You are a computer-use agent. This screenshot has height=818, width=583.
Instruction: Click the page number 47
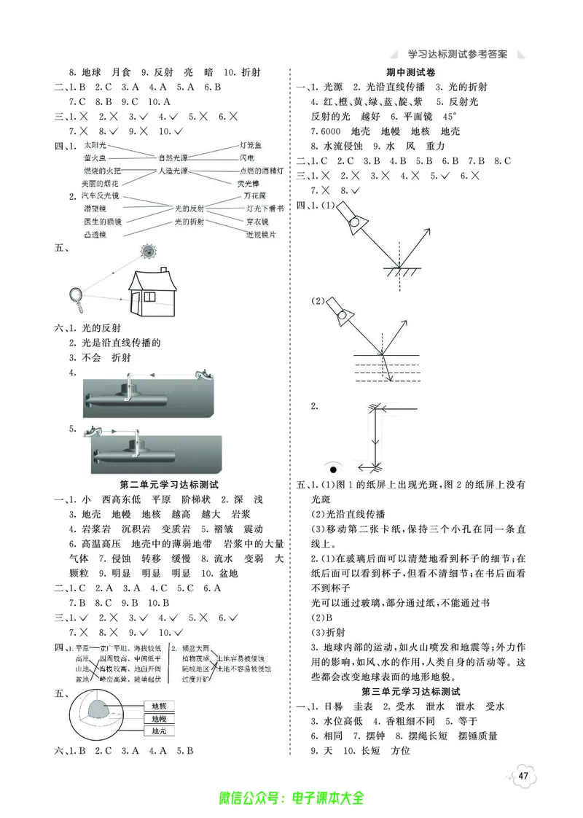click(x=523, y=774)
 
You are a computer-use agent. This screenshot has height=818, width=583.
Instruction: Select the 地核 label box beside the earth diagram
click(x=159, y=706)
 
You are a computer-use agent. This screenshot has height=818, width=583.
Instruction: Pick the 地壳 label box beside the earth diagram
click(x=159, y=731)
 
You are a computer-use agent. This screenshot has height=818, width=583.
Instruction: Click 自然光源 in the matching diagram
click(x=173, y=157)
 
